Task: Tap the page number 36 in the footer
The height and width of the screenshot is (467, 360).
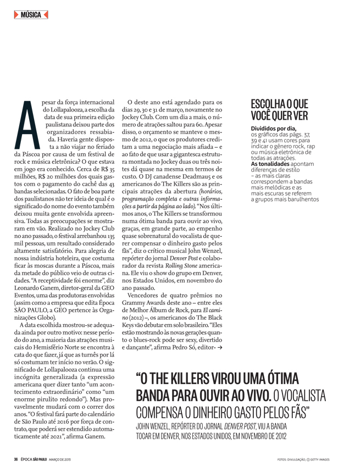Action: coord(16,459)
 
